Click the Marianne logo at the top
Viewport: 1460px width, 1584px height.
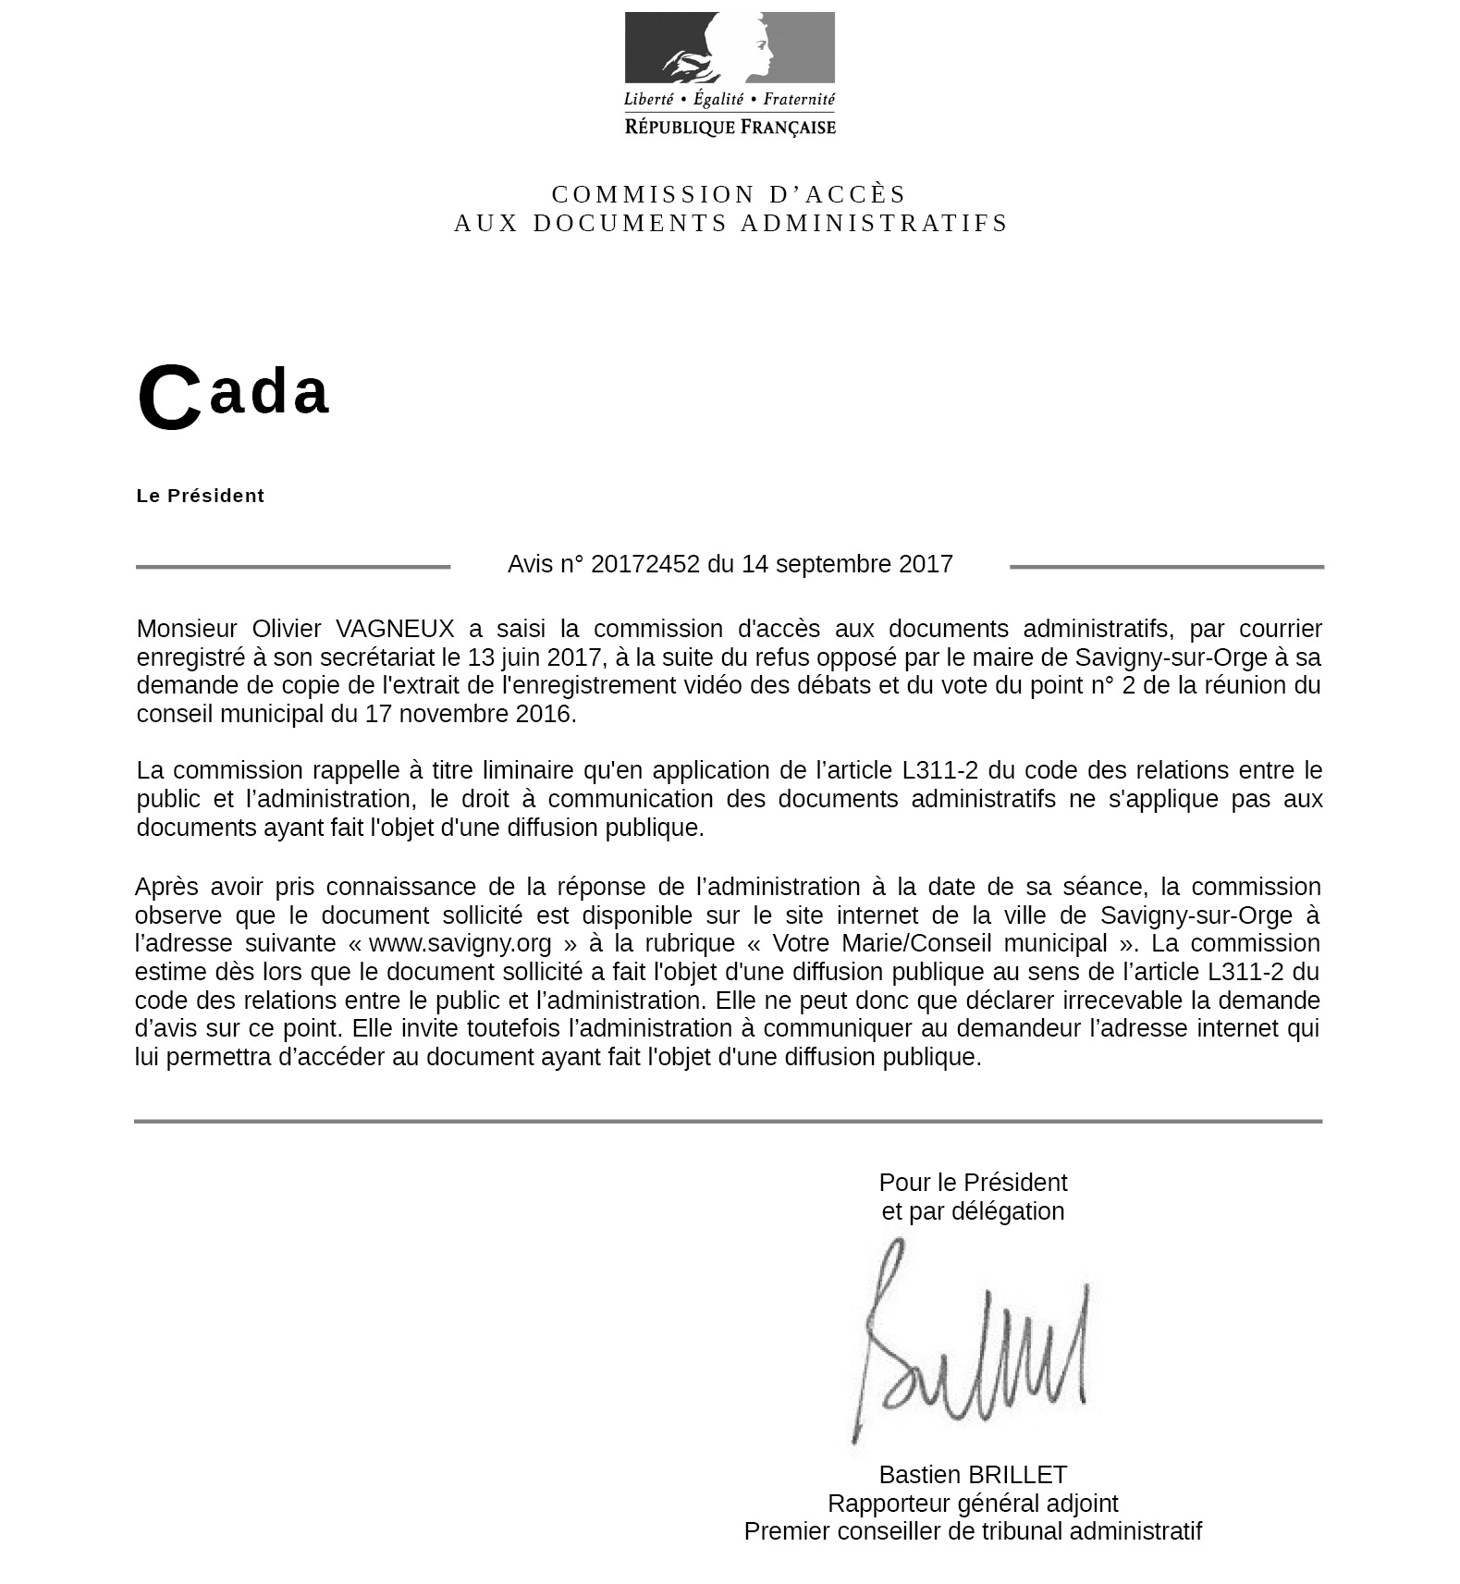pos(730,48)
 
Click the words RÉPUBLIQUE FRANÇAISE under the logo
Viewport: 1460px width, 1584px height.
pos(730,127)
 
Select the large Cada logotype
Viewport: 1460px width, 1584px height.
pos(233,395)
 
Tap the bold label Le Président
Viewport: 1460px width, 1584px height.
pos(201,496)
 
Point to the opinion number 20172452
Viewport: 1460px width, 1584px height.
pos(644,564)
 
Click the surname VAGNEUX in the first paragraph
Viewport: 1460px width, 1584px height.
pos(395,629)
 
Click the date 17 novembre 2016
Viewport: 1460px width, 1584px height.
pos(469,714)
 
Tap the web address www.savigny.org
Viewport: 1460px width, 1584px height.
pos(460,943)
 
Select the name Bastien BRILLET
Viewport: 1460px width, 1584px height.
pos(973,1475)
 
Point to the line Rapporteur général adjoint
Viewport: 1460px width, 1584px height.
pos(973,1504)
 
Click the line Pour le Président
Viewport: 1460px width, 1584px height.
pos(973,1183)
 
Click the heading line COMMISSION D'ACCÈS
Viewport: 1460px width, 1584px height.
pos(730,194)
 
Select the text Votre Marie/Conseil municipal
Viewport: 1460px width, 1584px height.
pos(939,943)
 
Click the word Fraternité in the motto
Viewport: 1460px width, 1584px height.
pos(799,99)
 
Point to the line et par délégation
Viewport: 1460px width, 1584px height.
pos(973,1211)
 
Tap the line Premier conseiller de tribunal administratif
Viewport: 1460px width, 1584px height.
pos(973,1531)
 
